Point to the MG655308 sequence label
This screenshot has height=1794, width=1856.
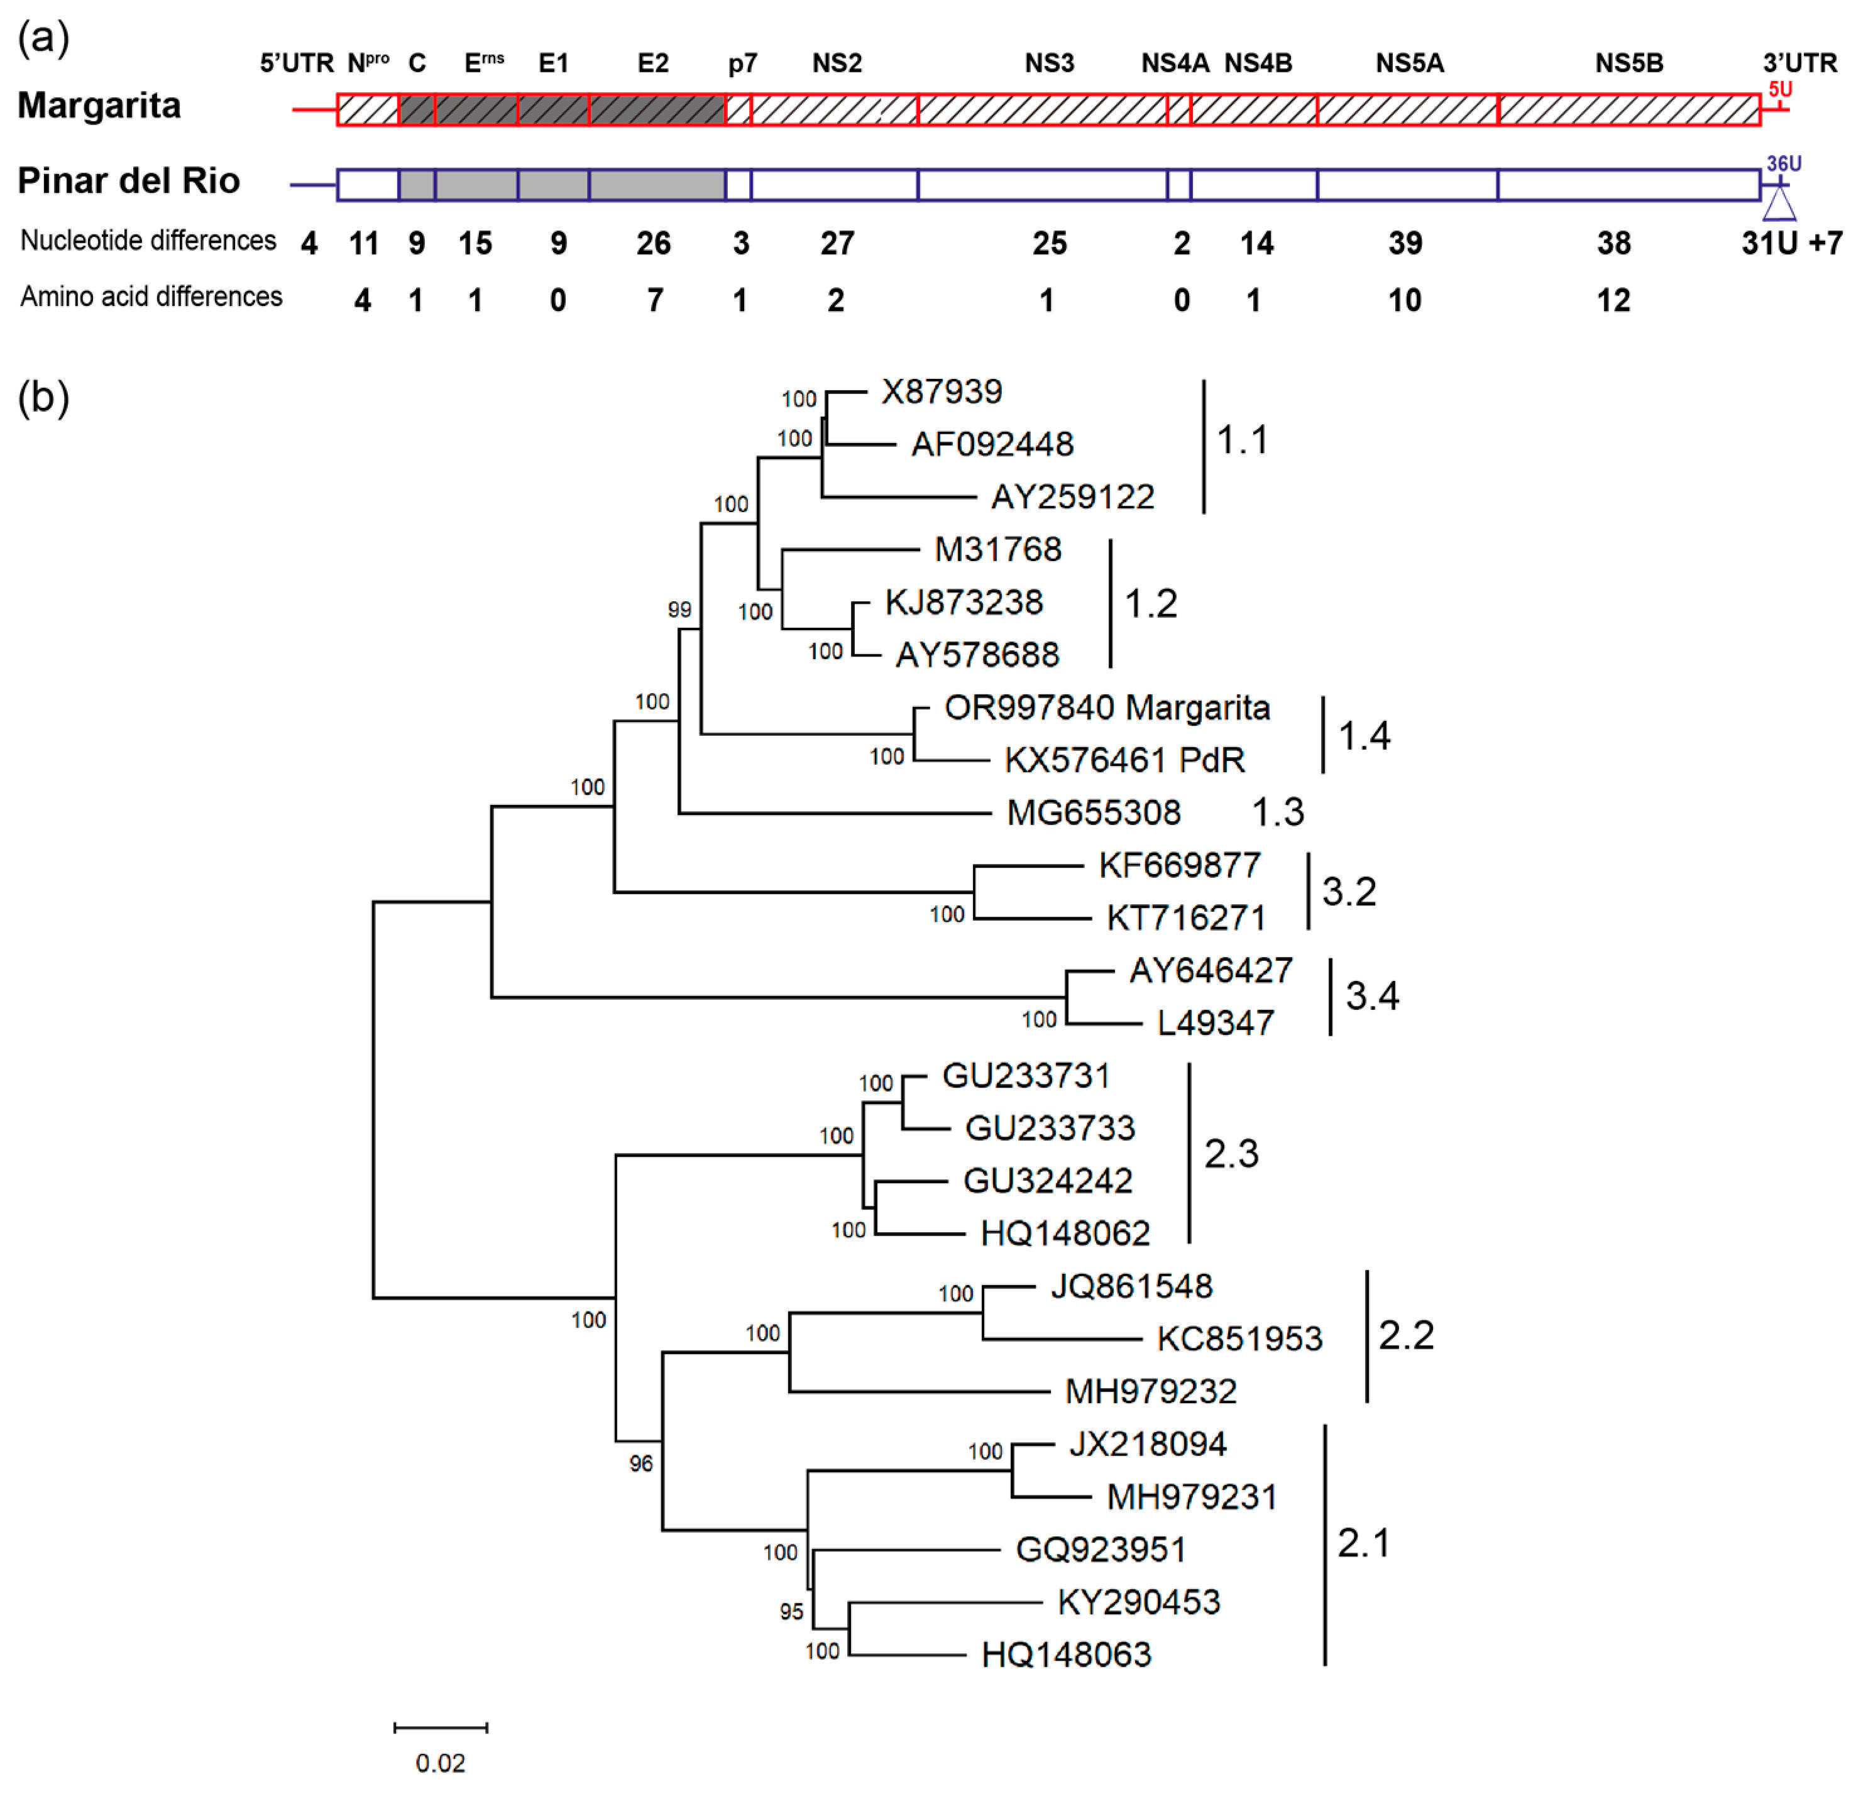click(1093, 812)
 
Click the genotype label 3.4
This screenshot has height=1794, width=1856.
click(1371, 996)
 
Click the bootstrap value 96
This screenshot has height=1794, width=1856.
click(641, 1463)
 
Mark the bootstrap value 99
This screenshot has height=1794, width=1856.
click(679, 610)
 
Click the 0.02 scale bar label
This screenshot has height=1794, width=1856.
click(441, 1763)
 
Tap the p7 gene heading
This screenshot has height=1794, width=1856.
click(742, 63)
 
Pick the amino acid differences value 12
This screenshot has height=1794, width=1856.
click(1613, 301)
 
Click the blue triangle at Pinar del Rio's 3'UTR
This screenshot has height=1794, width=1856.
click(1779, 204)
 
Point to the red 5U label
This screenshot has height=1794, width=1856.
click(1779, 90)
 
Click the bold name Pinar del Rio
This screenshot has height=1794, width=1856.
click(129, 181)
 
